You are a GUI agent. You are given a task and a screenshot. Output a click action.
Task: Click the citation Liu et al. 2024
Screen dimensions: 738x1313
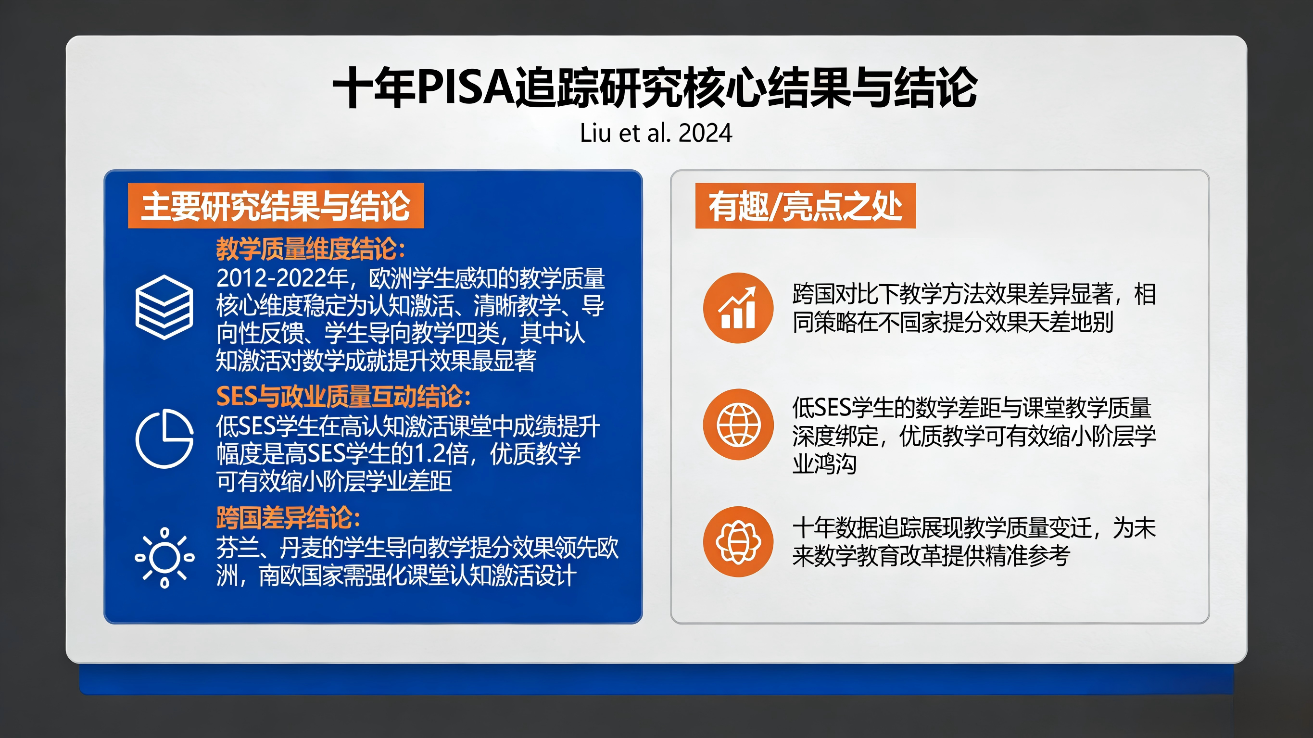656,134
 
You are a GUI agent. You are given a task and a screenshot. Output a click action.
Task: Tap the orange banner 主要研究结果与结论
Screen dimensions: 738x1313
276,206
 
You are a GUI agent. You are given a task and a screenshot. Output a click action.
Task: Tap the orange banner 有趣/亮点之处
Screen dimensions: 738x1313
805,206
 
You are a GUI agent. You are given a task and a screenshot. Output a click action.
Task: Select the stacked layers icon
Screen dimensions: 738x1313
164,307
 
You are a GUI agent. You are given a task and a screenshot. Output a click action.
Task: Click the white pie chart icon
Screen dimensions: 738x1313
164,438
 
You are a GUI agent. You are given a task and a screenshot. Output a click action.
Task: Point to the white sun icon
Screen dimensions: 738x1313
164,558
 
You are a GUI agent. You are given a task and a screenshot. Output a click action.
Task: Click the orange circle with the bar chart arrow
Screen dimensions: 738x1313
738,308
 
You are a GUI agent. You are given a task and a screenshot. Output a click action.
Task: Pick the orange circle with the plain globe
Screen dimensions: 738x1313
738,425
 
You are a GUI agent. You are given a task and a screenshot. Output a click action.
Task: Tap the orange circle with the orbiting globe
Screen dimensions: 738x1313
738,542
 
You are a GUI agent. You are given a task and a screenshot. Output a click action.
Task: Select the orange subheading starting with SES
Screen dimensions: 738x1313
342,397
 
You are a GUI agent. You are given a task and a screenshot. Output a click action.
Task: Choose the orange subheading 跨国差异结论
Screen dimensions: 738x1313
288,518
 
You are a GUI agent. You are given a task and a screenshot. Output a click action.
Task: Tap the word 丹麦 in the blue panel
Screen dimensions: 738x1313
301,549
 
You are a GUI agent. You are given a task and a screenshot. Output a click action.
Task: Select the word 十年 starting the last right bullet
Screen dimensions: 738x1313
813,528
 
